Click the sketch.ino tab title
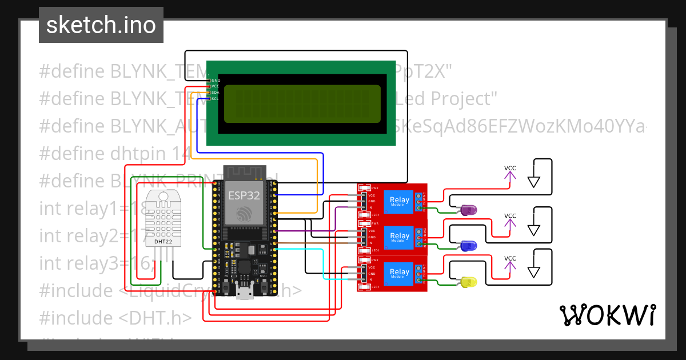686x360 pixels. point(101,25)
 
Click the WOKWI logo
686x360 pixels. point(607,315)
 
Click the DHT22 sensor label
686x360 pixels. point(164,241)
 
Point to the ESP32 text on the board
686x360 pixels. point(244,195)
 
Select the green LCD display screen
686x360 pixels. point(302,103)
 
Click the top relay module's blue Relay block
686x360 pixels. point(399,201)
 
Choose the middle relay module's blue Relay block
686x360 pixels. point(399,237)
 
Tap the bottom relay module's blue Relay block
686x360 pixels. point(399,273)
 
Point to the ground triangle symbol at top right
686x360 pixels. point(534,182)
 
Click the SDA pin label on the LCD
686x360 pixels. point(216,92)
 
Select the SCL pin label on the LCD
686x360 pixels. point(216,98)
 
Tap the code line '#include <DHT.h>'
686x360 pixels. point(115,318)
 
